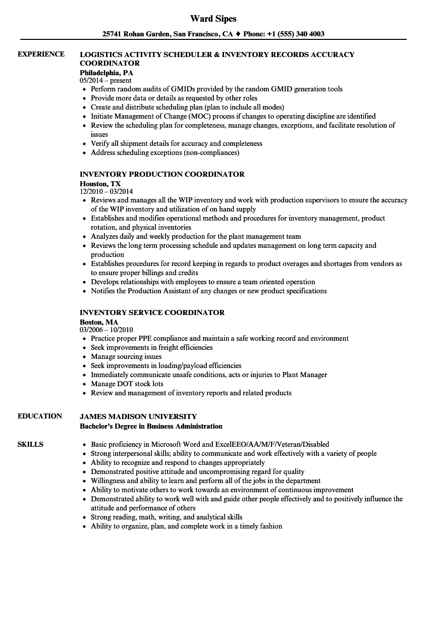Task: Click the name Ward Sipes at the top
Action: point(213,19)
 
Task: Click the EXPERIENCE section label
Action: point(41,54)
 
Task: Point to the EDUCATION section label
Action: point(40,416)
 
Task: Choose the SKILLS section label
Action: point(30,444)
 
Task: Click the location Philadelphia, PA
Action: point(106,72)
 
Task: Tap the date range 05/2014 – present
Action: point(105,80)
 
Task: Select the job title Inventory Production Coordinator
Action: point(162,174)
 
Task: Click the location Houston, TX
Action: point(100,184)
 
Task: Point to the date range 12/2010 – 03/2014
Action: point(106,191)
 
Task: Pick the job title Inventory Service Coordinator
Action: point(152,312)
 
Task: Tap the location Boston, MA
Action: point(99,322)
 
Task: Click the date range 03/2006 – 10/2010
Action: point(106,330)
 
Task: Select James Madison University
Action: point(138,416)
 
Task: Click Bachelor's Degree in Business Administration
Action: point(151,426)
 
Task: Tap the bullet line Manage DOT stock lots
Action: point(127,384)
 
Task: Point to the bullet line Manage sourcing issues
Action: point(126,356)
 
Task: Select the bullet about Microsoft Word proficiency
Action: point(209,445)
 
